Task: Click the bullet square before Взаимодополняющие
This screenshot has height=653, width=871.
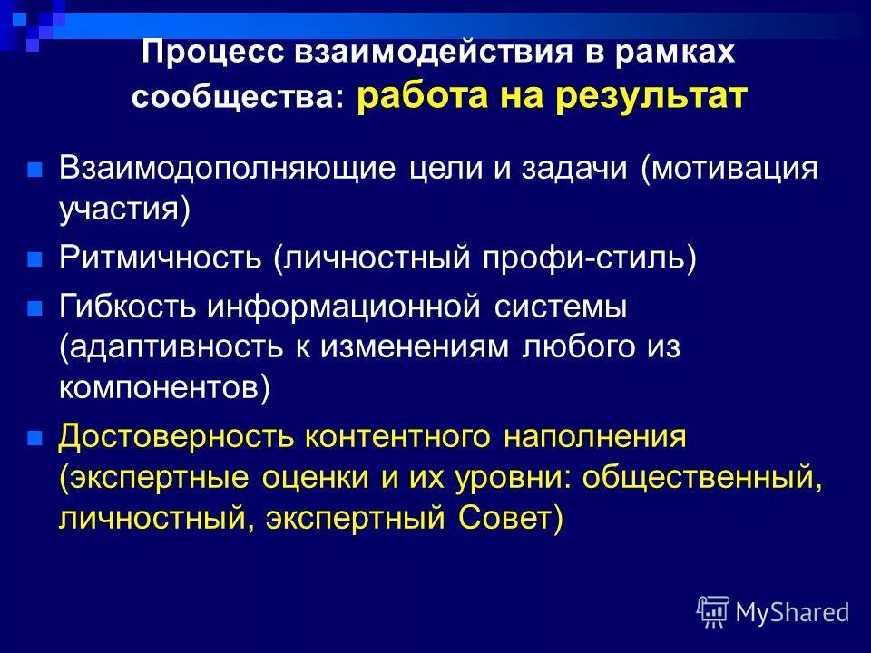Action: tap(35, 170)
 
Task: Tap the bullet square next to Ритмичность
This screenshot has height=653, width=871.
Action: tap(35, 259)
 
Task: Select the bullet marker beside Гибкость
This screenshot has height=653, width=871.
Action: tap(35, 307)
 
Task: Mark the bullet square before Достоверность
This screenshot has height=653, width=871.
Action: tap(35, 437)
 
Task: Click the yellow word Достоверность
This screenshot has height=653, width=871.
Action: tap(178, 436)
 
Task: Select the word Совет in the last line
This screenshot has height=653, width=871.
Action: tap(504, 519)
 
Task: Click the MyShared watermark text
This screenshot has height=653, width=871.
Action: tap(792, 612)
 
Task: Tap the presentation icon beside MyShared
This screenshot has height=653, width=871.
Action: tap(712, 612)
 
